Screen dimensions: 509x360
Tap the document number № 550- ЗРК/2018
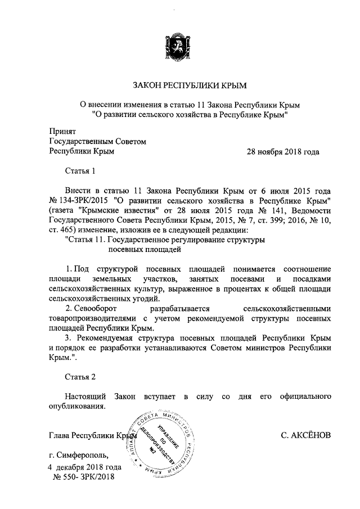[83, 477]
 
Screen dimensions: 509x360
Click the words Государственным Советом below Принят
[98, 142]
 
